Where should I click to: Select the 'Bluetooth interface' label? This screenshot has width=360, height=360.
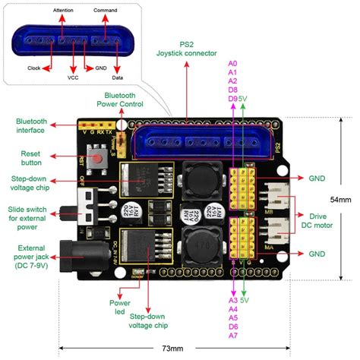point(32,125)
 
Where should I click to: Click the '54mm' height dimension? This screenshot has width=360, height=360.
point(340,201)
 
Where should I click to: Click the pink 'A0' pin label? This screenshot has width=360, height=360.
point(233,63)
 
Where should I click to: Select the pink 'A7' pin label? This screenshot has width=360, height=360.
point(233,334)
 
